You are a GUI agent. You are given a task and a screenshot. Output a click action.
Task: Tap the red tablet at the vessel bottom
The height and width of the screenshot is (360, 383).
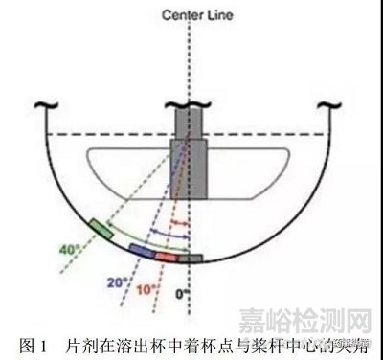point(167,257)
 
